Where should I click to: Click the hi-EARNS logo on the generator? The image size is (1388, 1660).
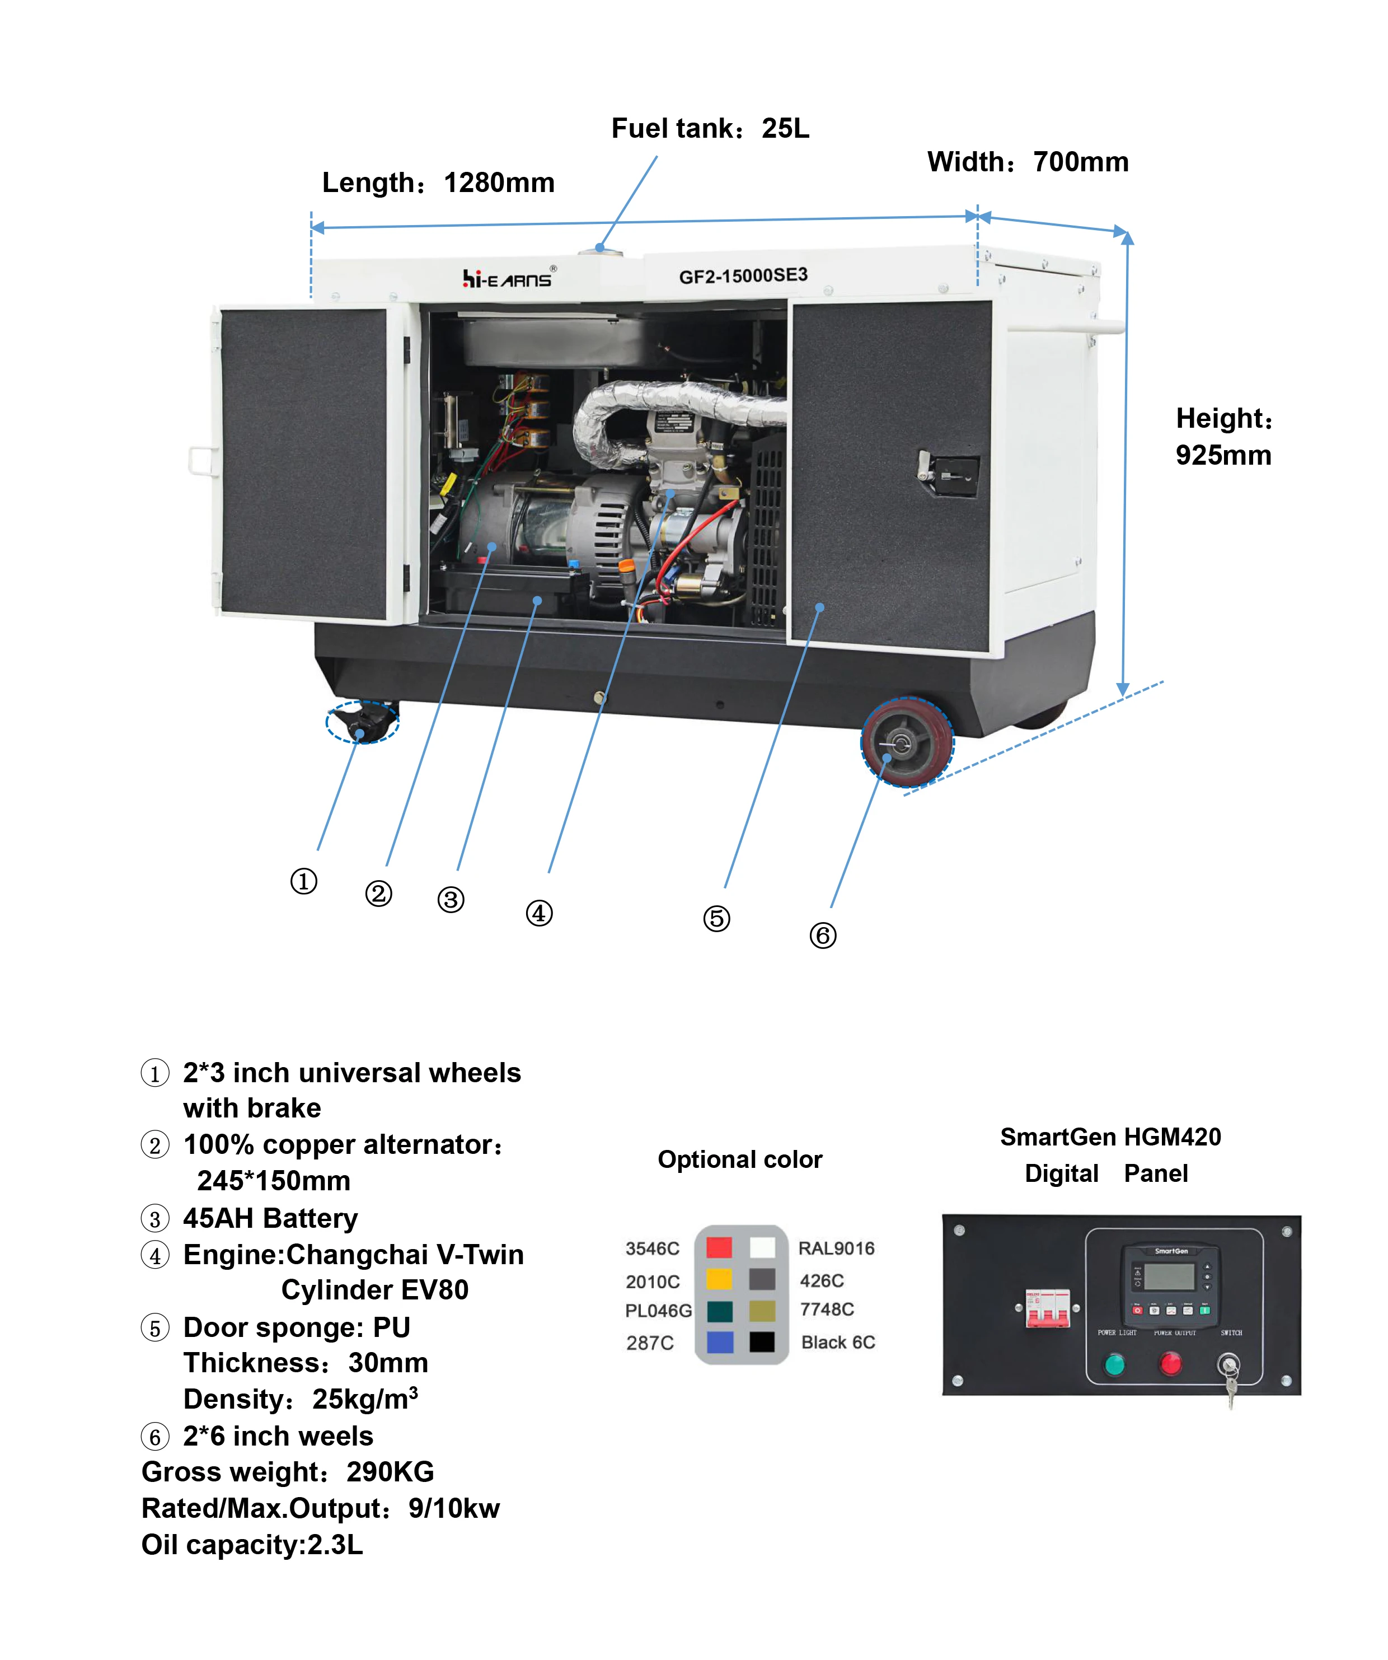pos(508,278)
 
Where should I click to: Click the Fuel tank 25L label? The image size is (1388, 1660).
pos(709,128)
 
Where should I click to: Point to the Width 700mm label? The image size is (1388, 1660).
pos(1027,162)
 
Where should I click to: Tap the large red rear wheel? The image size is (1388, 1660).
pos(907,742)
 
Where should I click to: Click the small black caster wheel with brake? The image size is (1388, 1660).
pos(364,721)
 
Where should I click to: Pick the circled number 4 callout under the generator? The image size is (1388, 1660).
pos(539,913)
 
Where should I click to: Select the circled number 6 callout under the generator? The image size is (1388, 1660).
pos(822,935)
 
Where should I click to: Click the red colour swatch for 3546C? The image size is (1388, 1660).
pos(719,1247)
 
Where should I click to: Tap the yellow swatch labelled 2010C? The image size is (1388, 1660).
pos(719,1279)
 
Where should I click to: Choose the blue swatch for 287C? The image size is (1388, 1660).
pos(719,1342)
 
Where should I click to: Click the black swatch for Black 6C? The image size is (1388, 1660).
pos(762,1342)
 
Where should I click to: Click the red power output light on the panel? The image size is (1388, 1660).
pos(1169,1363)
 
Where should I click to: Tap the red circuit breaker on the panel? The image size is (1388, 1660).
pos(1047,1309)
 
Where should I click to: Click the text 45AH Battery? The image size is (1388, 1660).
pos(270,1218)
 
